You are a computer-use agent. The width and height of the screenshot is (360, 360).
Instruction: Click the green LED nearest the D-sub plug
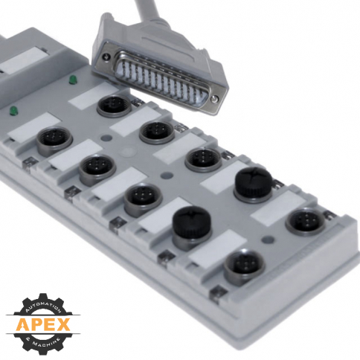73,80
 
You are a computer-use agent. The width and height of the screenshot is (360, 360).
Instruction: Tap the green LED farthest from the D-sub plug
13,111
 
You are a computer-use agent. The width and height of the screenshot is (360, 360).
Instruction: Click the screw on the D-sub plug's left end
107,56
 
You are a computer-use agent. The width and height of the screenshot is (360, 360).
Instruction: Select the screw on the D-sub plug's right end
214,98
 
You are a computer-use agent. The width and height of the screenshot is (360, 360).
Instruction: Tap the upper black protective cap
253,181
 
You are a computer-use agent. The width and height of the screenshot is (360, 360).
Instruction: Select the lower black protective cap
192,220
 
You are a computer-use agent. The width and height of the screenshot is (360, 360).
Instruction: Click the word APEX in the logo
43,325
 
